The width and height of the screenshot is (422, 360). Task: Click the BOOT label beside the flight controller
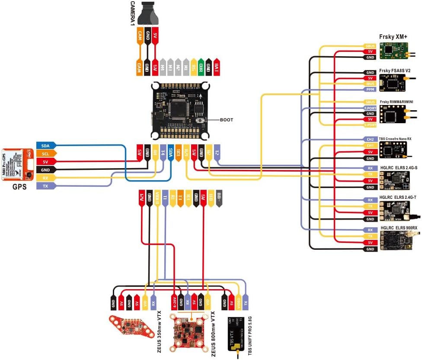pyautogui.click(x=226, y=120)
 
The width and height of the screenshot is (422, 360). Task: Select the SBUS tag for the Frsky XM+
pyautogui.click(x=370, y=45)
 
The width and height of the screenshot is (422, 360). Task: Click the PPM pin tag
pyautogui.click(x=370, y=89)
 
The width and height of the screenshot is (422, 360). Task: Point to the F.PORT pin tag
pyautogui.click(x=370, y=108)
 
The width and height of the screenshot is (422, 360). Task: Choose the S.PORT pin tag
pyautogui.click(x=370, y=125)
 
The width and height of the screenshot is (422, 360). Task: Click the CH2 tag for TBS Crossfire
pyautogui.click(x=370, y=140)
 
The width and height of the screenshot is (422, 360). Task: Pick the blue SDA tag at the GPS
pyautogui.click(x=45, y=146)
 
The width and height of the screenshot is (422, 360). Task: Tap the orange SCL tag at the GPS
pyautogui.click(x=45, y=154)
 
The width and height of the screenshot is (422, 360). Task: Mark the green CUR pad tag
pyautogui.click(x=201, y=67)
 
